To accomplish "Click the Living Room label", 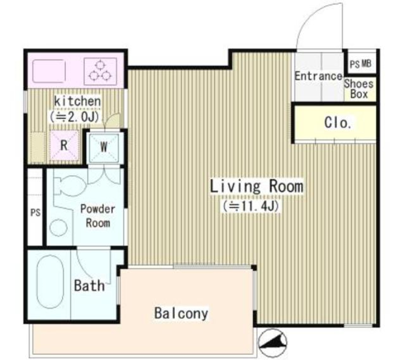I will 257,186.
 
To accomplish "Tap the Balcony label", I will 181,314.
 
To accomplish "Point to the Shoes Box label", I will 359,89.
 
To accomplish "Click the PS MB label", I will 360,64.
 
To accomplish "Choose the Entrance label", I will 318,76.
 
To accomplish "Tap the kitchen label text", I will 78,101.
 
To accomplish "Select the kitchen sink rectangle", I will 48,70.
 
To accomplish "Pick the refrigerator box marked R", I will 64,146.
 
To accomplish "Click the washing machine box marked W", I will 104,147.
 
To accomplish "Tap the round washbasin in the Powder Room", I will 58,228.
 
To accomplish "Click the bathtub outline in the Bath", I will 49,285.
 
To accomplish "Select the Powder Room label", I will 97,215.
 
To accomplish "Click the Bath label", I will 89,285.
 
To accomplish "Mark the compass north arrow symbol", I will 272,341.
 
